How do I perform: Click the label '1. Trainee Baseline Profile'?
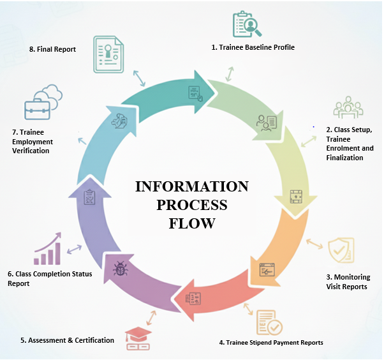pyautogui.click(x=253, y=47)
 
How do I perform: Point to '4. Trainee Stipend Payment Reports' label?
pyautogui.click(x=270, y=342)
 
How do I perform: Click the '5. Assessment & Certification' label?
pyautogui.click(x=67, y=340)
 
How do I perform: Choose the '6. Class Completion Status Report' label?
pyautogui.click(x=50, y=278)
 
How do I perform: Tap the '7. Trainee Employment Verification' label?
pyautogui.click(x=33, y=141)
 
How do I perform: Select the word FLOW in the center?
pyautogui.click(x=192, y=223)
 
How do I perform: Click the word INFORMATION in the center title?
pyautogui.click(x=191, y=186)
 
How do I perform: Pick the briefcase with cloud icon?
pyautogui.click(x=42, y=104)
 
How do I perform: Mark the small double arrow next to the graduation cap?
pyautogui.click(x=152, y=317)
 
